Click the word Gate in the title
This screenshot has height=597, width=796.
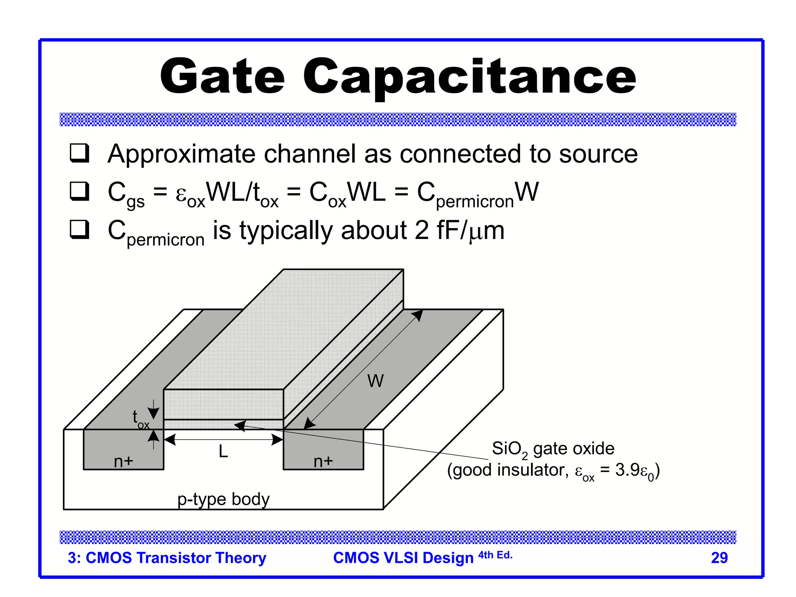point(222,76)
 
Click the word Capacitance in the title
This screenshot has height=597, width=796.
point(469,76)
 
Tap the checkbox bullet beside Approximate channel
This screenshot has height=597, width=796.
point(79,153)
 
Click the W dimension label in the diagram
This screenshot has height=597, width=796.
point(375,381)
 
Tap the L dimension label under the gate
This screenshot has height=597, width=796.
point(223,452)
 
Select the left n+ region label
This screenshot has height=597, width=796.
point(124,461)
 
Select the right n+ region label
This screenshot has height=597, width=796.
point(323,461)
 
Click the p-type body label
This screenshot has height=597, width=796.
point(223,499)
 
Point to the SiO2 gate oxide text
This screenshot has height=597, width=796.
point(553,449)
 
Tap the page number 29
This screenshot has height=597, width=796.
point(719,558)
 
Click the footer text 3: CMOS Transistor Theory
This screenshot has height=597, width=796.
point(167,558)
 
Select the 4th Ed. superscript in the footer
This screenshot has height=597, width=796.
point(495,555)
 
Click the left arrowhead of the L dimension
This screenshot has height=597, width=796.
point(169,440)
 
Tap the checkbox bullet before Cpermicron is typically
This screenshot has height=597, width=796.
point(79,229)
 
